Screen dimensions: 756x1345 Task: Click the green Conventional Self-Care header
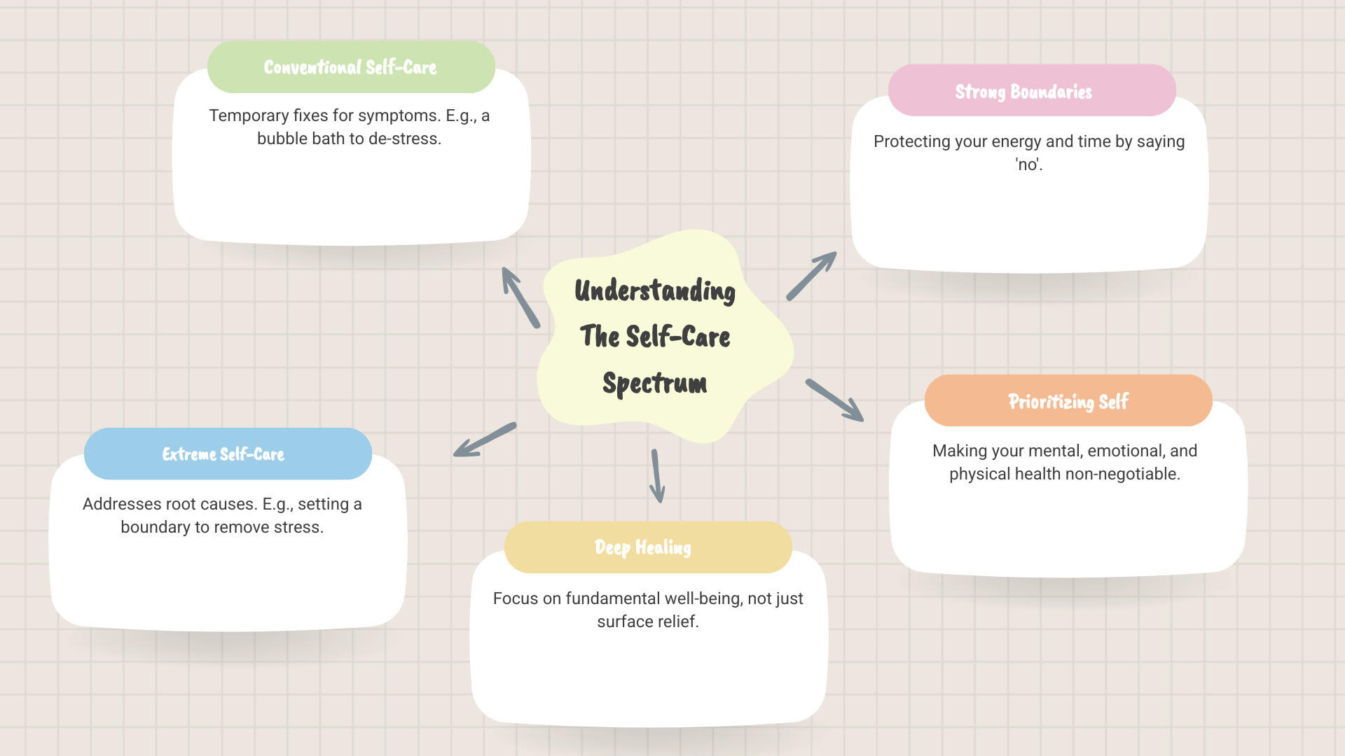click(x=351, y=67)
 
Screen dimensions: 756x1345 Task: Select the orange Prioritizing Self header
click(x=1068, y=401)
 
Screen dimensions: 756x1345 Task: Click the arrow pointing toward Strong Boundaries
click(x=811, y=276)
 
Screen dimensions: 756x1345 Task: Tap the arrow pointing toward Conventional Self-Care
click(x=520, y=297)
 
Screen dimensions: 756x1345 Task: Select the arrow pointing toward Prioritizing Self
click(x=834, y=400)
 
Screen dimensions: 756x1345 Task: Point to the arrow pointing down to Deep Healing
click(x=657, y=476)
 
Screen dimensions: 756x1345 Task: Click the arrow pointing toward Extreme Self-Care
click(x=485, y=440)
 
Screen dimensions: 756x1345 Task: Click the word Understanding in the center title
click(x=655, y=290)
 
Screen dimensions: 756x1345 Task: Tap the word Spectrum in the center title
click(x=655, y=383)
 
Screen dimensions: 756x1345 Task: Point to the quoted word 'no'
click(x=1028, y=164)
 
